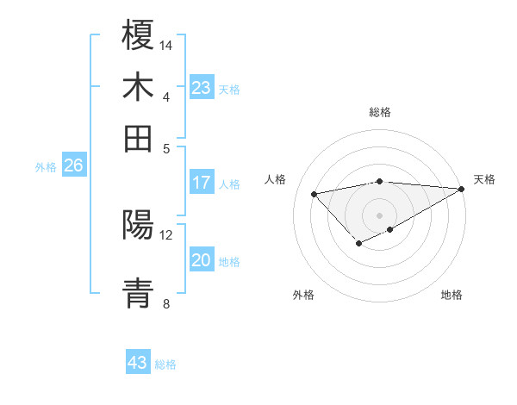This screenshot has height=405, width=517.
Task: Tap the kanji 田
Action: coord(139,137)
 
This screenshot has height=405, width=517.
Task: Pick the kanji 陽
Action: coord(139,225)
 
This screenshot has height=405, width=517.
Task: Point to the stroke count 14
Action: coord(167,45)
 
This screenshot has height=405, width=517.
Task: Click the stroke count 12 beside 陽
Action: coord(166,234)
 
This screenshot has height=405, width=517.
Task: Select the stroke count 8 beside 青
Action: coord(166,303)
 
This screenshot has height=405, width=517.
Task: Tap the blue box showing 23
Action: coord(202,87)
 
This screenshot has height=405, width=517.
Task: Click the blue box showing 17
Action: coord(202,183)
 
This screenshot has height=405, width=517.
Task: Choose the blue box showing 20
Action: coord(202,261)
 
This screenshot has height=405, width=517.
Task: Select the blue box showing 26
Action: coord(73,165)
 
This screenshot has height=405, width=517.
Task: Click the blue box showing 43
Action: coord(138,363)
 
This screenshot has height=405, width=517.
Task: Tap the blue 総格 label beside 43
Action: coord(165,364)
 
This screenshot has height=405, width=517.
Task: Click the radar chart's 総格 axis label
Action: coord(380,112)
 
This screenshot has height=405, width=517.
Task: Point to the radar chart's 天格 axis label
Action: coord(484,179)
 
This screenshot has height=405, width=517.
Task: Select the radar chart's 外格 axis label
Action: coord(303,295)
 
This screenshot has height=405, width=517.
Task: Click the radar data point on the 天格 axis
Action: coord(462,189)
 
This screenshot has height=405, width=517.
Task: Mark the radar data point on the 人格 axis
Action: coord(315,193)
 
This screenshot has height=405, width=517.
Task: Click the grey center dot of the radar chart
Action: coord(380,215)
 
